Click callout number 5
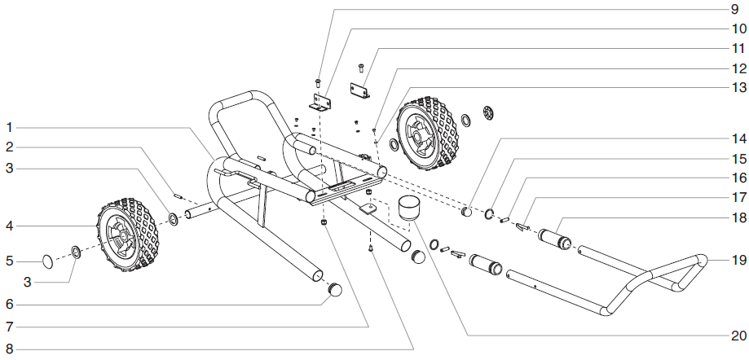tap(9, 261)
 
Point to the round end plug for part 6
tap(333, 288)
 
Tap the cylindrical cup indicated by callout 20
tap(410, 209)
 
